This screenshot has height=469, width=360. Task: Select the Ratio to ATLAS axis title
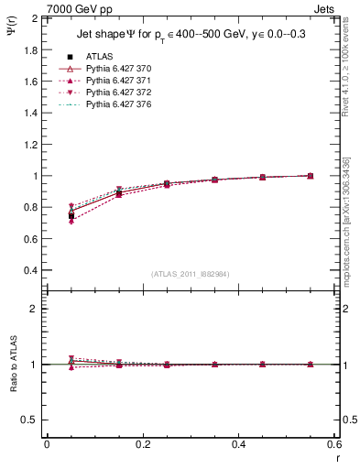15,364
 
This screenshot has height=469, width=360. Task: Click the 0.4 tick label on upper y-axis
30,271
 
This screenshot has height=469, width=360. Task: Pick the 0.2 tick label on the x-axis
143,444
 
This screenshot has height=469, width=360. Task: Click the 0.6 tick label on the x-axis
334,444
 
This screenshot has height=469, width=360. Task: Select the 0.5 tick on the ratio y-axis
30,420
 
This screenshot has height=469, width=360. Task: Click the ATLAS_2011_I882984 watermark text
190,274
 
